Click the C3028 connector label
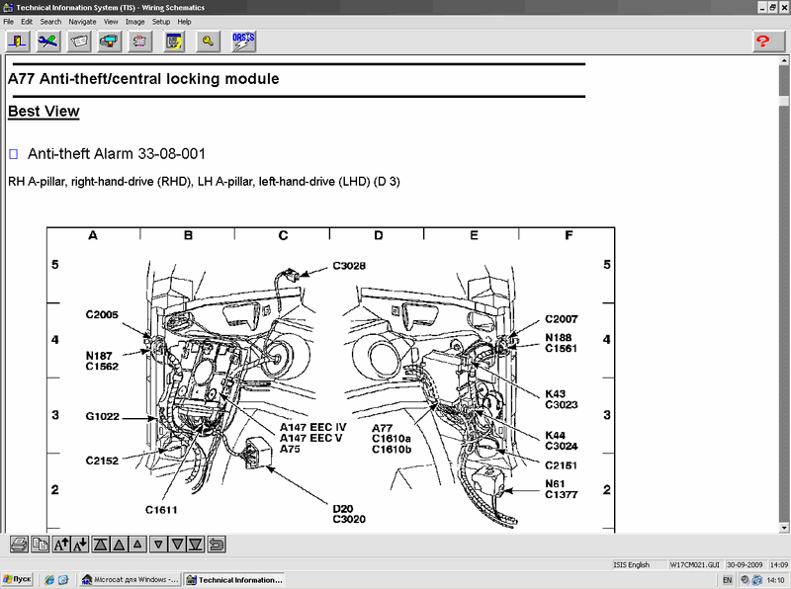coord(349,266)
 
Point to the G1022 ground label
coord(103,416)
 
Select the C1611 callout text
coord(161,510)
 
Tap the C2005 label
coord(102,314)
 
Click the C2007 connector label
coord(561,319)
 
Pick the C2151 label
coord(561,465)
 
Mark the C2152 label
coord(102,461)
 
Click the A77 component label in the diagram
coord(382,428)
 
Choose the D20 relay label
coord(343,508)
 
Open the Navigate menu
coord(82,22)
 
